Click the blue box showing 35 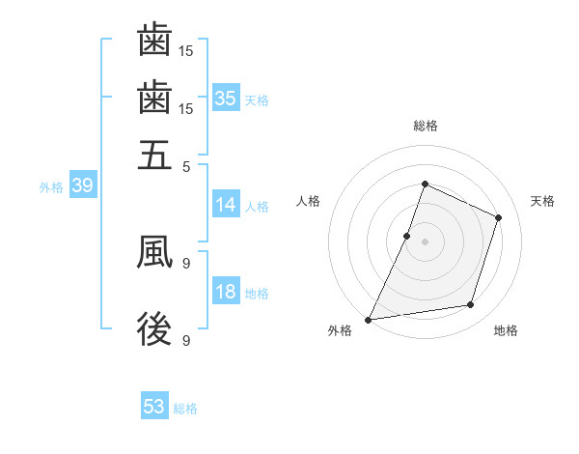[x=225, y=98]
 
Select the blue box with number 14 [x=225, y=205]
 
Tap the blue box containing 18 [x=225, y=293]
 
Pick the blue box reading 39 [x=82, y=186]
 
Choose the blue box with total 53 [x=154, y=407]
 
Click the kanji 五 [x=154, y=155]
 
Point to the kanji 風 [x=154, y=252]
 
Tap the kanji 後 [x=154, y=329]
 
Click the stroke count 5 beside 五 [x=187, y=166]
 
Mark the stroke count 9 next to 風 [x=186, y=262]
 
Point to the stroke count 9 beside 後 [x=186, y=340]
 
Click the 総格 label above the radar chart [x=425, y=126]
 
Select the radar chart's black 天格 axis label [x=543, y=201]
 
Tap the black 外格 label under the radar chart [x=340, y=330]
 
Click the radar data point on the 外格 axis [x=368, y=320]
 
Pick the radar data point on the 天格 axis [x=499, y=217]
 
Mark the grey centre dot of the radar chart [x=425, y=241]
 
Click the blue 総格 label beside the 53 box [x=185, y=409]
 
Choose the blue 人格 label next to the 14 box [x=257, y=206]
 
